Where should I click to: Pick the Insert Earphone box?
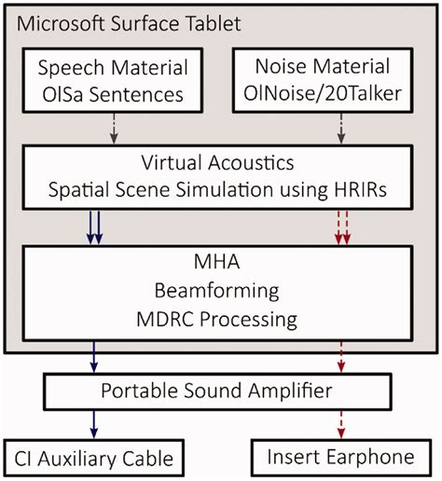coord(341,459)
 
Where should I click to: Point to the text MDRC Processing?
coord(221,320)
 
